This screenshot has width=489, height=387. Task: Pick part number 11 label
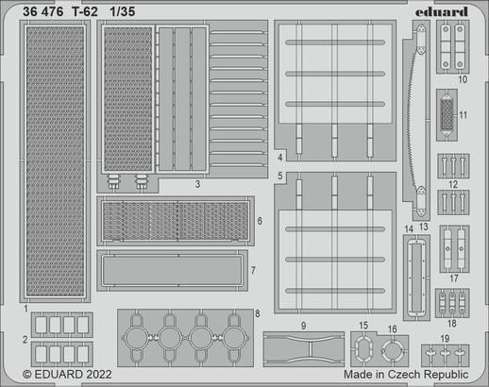tap(463, 116)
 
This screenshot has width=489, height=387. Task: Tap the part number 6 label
tap(259, 220)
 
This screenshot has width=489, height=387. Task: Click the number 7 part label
tap(252, 270)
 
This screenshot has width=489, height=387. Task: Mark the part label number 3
tap(195, 184)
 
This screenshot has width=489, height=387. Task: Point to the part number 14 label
tap(408, 229)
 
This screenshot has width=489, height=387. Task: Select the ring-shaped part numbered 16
tap(392, 352)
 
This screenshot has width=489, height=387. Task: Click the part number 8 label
tap(257, 312)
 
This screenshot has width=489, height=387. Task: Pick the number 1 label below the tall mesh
tap(25, 308)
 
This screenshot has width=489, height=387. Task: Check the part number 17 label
tap(454, 278)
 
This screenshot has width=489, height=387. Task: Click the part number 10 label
tap(463, 81)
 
